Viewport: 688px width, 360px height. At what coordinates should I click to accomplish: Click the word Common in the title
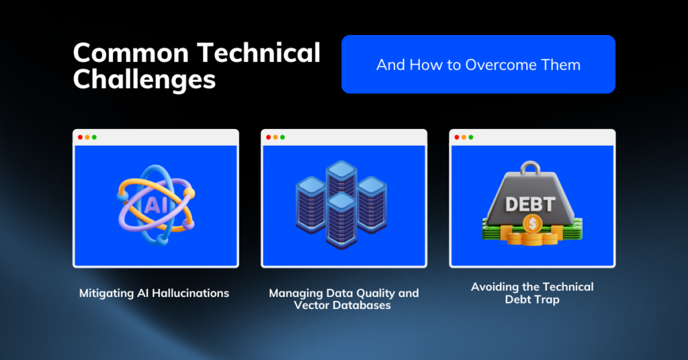pos(131,53)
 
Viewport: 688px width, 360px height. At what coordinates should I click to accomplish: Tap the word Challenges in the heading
pos(144,79)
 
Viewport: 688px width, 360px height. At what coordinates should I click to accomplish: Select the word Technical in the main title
pos(259,52)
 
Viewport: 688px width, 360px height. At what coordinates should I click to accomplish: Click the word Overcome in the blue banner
pos(501,65)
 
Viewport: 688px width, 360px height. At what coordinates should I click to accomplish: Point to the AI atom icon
pos(156,205)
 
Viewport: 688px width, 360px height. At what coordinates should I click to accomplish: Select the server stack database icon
pos(341,204)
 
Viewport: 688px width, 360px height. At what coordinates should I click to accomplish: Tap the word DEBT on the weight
pos(530,204)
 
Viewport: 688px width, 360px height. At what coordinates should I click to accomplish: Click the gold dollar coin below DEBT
pos(532,224)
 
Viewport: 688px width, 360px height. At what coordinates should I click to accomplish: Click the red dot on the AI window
pos(81,137)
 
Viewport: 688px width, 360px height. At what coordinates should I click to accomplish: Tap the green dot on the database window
pos(283,137)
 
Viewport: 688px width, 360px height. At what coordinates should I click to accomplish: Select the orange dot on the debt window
pos(464,137)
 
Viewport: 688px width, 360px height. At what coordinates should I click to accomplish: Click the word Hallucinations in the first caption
pos(190,293)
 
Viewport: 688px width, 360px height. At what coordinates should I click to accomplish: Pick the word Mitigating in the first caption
pos(107,294)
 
